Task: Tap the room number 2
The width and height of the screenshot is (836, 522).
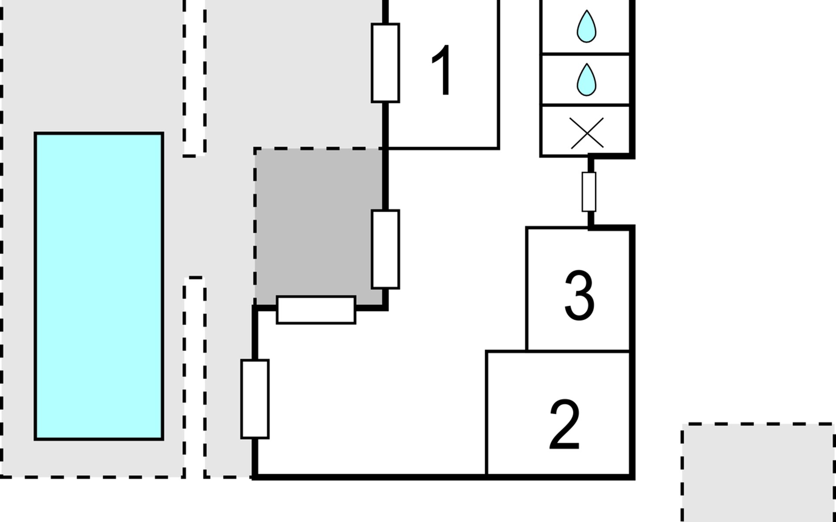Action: (564, 425)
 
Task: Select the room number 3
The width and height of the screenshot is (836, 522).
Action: (579, 295)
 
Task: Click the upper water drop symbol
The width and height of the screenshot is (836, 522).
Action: (586, 26)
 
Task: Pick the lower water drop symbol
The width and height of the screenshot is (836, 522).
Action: (586, 80)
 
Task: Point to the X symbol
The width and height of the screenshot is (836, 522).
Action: (587, 133)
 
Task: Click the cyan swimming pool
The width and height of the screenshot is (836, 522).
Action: (99, 286)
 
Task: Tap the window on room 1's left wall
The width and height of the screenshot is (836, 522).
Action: (385, 63)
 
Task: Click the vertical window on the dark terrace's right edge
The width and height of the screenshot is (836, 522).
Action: (385, 249)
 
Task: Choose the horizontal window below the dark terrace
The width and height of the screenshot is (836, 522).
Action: (316, 310)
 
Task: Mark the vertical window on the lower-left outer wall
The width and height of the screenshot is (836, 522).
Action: (255, 399)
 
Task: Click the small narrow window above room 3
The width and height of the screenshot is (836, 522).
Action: (589, 191)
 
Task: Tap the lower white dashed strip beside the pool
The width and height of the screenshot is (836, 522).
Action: (195, 377)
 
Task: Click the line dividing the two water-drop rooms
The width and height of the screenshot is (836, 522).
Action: (586, 54)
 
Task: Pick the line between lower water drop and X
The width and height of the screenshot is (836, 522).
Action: (586, 105)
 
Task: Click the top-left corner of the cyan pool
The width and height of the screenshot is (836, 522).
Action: (35, 133)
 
